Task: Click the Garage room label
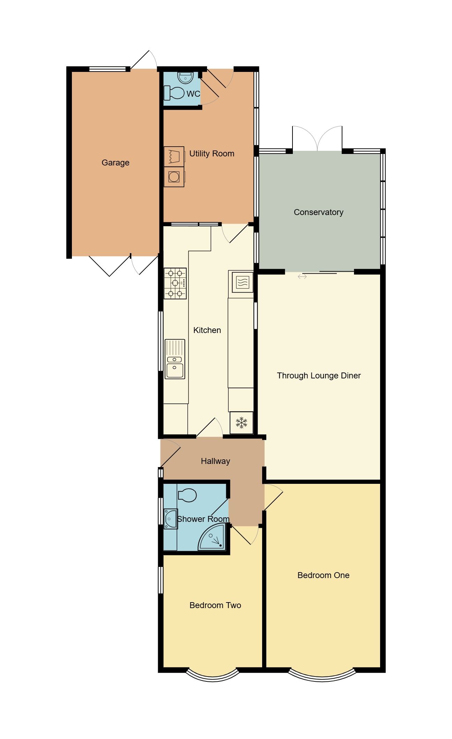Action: [115, 163]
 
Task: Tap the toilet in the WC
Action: [175, 93]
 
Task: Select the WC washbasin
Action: [185, 77]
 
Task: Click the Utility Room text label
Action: [212, 154]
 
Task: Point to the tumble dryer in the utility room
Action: [174, 177]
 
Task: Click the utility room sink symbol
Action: [174, 155]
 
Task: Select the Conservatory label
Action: [318, 212]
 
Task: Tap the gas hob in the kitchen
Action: [175, 283]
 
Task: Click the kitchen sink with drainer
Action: [175, 359]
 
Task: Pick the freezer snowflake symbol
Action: [241, 423]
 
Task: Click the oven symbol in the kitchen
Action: [241, 281]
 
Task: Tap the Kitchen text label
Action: [207, 330]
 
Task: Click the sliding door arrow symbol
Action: [302, 277]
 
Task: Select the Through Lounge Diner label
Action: [319, 376]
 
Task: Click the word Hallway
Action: [215, 461]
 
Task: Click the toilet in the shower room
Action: [187, 495]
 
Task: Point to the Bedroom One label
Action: [323, 575]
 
